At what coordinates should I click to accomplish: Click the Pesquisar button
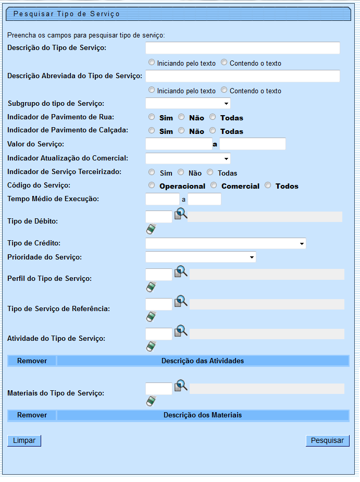tap(327, 441)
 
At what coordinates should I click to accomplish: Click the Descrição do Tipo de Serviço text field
tap(243, 48)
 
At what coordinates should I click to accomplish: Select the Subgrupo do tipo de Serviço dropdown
tap(188, 103)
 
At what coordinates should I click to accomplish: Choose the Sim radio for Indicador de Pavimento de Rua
tap(152, 117)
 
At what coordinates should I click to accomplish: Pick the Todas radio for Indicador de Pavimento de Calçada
tap(213, 131)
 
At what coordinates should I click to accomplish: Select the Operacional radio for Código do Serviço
tap(152, 186)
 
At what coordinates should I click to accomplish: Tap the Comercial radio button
tap(214, 186)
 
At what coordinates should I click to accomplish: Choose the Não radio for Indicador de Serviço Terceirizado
tap(181, 172)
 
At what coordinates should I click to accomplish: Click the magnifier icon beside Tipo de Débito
tap(180, 214)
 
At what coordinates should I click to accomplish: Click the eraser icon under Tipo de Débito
tap(151, 229)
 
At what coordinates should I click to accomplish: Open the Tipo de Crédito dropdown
tap(226, 243)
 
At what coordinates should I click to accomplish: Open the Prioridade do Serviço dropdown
tap(201, 257)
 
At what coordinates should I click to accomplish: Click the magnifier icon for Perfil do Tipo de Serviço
tap(180, 272)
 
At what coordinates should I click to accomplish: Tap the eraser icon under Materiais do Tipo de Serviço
tap(151, 401)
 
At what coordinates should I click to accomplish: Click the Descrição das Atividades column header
tap(203, 361)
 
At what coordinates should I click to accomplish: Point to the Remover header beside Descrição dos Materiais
tap(32, 415)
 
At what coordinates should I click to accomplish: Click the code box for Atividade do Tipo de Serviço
tap(159, 334)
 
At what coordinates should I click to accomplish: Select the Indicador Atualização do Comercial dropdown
tap(188, 158)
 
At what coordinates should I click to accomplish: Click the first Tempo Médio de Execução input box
tap(163, 199)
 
